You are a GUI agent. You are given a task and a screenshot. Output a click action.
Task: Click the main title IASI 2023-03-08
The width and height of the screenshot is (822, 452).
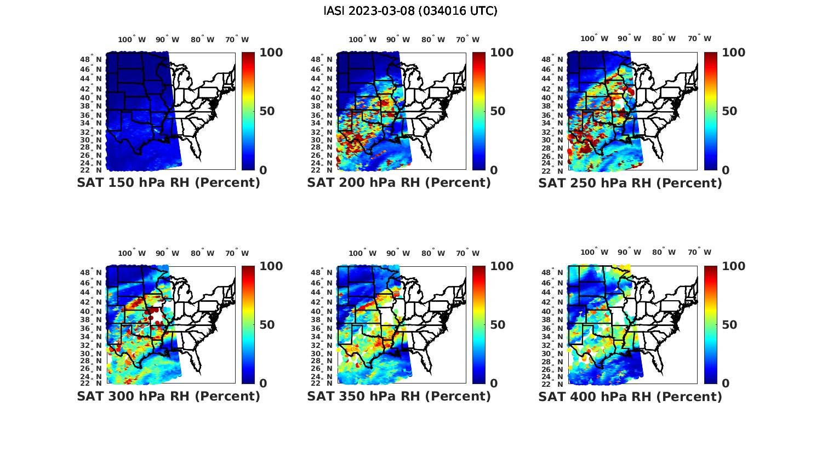click(x=410, y=11)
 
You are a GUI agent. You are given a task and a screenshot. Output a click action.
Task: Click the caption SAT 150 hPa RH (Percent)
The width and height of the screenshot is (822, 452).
click(x=169, y=183)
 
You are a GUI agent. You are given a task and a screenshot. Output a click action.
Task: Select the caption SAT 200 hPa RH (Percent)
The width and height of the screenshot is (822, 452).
click(x=399, y=183)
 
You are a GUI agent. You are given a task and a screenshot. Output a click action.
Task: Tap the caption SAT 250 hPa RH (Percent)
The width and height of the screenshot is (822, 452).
click(x=630, y=183)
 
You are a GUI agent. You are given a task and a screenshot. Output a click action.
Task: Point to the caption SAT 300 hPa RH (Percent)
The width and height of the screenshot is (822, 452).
click(x=169, y=396)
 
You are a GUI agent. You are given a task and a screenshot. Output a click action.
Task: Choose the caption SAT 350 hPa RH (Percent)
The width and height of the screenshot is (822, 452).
click(x=399, y=396)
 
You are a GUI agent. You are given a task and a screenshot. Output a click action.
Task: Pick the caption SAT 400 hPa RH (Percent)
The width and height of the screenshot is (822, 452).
click(x=630, y=396)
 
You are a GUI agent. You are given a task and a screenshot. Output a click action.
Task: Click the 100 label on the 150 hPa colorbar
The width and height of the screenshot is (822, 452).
click(x=271, y=53)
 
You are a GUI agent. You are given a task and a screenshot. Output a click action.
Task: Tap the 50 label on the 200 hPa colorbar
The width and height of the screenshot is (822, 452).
click(x=497, y=111)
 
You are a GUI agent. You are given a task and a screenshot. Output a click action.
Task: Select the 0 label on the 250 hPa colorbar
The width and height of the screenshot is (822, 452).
click(x=725, y=170)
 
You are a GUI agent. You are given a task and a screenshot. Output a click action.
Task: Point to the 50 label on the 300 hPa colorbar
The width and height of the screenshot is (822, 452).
click(x=266, y=325)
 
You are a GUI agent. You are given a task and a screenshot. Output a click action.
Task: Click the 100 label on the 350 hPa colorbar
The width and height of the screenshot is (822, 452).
click(x=501, y=266)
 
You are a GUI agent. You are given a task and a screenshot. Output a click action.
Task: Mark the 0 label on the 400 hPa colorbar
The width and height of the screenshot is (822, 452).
click(x=725, y=384)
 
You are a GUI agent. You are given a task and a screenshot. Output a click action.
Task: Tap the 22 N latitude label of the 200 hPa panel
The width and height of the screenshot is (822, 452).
click(x=322, y=170)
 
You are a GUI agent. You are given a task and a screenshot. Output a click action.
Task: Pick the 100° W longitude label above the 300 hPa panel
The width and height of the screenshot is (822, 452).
click(x=132, y=253)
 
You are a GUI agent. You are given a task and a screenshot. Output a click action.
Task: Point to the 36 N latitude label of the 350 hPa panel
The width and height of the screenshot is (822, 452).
click(x=322, y=328)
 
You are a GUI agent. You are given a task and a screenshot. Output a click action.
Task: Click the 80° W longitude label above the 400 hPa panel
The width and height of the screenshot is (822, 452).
click(x=664, y=253)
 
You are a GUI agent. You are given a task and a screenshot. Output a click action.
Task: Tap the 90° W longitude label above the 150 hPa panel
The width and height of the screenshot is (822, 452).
click(x=167, y=39)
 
